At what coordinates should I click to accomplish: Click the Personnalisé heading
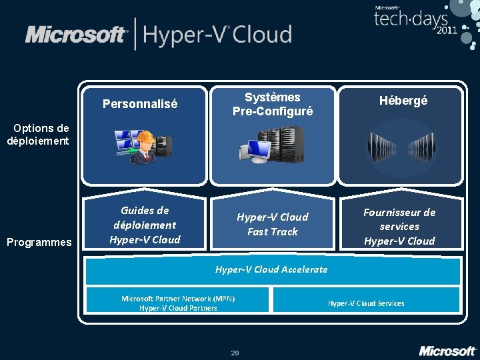click(140, 104)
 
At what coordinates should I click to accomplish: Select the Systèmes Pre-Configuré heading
click(272, 105)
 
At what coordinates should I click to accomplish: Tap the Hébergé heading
click(403, 101)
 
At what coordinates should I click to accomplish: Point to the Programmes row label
click(38, 242)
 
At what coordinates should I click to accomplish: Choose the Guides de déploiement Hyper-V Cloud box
click(145, 225)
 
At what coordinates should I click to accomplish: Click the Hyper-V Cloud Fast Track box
click(272, 224)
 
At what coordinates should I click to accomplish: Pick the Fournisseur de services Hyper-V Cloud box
click(399, 226)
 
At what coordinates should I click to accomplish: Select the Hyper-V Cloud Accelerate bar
click(271, 270)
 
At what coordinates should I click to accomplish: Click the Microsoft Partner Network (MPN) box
click(178, 303)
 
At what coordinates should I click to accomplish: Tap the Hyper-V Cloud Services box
click(365, 303)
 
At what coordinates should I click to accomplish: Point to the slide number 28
click(235, 352)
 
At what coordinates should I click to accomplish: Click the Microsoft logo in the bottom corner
click(447, 350)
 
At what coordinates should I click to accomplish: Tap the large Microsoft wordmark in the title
click(76, 35)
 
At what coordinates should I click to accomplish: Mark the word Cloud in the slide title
click(263, 35)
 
